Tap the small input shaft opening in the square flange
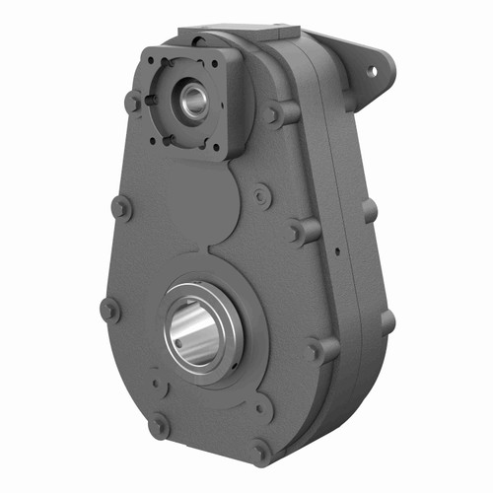click(x=191, y=98)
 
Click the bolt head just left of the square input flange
click(x=133, y=102)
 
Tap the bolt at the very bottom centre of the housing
click(x=259, y=452)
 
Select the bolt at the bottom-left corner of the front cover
click(x=157, y=426)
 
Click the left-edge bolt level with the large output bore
click(x=109, y=309)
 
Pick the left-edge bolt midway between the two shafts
click(x=121, y=207)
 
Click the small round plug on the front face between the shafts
click(x=260, y=196)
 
